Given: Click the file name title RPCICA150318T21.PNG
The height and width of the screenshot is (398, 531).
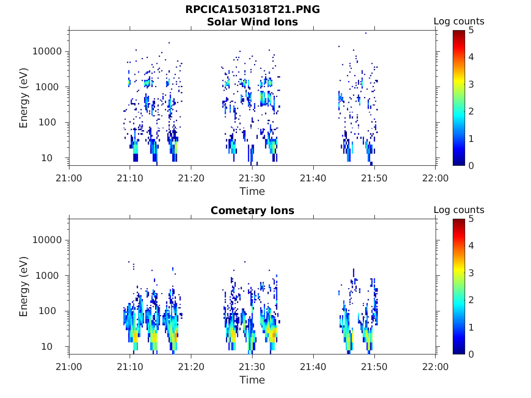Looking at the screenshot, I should pos(252,10).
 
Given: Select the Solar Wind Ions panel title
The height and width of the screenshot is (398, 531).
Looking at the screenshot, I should pos(252,22).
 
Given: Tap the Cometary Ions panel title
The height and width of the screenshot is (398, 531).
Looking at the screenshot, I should pos(252,210).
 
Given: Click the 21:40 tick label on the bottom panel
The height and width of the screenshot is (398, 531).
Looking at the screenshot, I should pos(313,367).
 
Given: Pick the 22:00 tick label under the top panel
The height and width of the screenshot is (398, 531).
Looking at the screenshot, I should pos(435,178).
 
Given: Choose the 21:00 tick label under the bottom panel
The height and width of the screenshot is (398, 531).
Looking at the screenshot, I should pos(69,367).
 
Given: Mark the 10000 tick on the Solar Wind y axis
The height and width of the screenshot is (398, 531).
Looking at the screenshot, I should pos(47,52).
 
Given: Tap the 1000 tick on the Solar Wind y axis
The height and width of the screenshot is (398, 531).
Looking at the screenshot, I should pos(50,87).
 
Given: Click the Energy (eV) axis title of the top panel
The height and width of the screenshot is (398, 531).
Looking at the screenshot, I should pos(24,98).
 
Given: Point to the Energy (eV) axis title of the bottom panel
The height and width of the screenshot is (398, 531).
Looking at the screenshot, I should pos(24,287).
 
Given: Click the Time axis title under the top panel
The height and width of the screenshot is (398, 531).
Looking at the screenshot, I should pos(252,191).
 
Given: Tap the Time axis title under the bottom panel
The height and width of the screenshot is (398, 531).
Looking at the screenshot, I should pos(252,380).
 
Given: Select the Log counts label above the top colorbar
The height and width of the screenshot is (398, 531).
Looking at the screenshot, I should pos(459,21).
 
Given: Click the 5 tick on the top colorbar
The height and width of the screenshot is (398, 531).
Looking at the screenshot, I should pos(471,31).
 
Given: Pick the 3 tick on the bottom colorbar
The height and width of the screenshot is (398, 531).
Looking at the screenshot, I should pos(471,273).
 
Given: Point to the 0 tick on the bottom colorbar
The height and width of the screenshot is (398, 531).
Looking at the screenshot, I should pos(471,354).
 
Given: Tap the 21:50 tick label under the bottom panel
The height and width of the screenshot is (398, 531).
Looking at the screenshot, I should pos(374,367).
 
